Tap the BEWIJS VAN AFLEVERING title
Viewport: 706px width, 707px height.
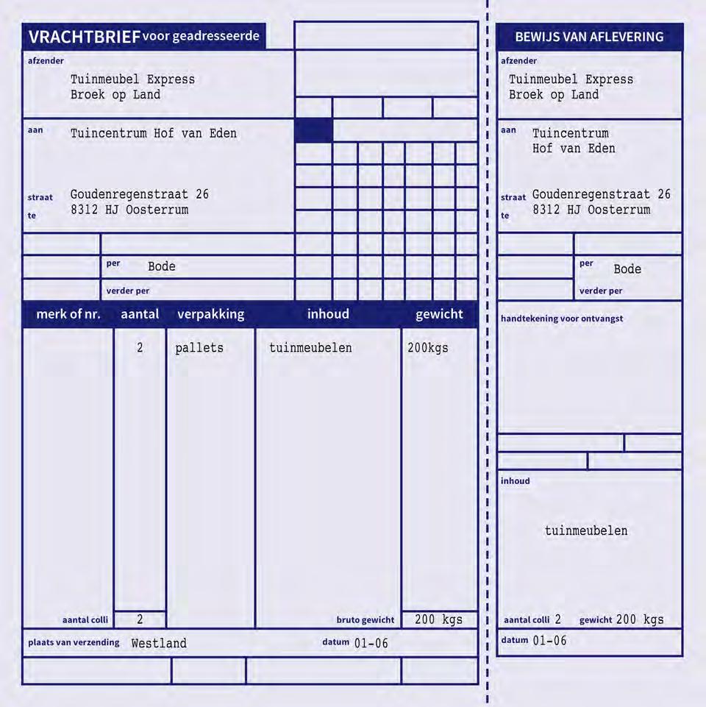click(589, 37)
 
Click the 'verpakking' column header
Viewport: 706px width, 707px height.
click(210, 314)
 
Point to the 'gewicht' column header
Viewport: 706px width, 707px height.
click(439, 314)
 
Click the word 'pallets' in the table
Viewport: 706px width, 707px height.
click(199, 348)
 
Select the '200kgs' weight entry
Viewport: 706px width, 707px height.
click(428, 348)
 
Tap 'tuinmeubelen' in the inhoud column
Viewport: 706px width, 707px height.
click(310, 348)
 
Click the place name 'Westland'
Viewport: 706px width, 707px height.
click(159, 644)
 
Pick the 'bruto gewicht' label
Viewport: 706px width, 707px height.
click(366, 620)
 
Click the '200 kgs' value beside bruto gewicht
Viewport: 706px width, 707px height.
click(438, 619)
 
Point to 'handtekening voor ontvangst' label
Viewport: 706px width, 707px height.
click(562, 319)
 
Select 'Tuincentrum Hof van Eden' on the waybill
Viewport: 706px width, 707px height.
click(154, 134)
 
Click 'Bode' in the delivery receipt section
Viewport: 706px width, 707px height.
click(627, 269)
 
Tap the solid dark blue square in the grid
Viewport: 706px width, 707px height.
click(313, 130)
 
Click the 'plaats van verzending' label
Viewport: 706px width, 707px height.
click(74, 642)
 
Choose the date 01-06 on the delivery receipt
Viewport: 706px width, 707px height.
click(549, 641)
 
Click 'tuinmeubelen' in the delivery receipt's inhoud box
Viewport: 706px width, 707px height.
click(586, 531)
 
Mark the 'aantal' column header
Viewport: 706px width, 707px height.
click(140, 314)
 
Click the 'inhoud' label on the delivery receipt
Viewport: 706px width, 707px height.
click(515, 481)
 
